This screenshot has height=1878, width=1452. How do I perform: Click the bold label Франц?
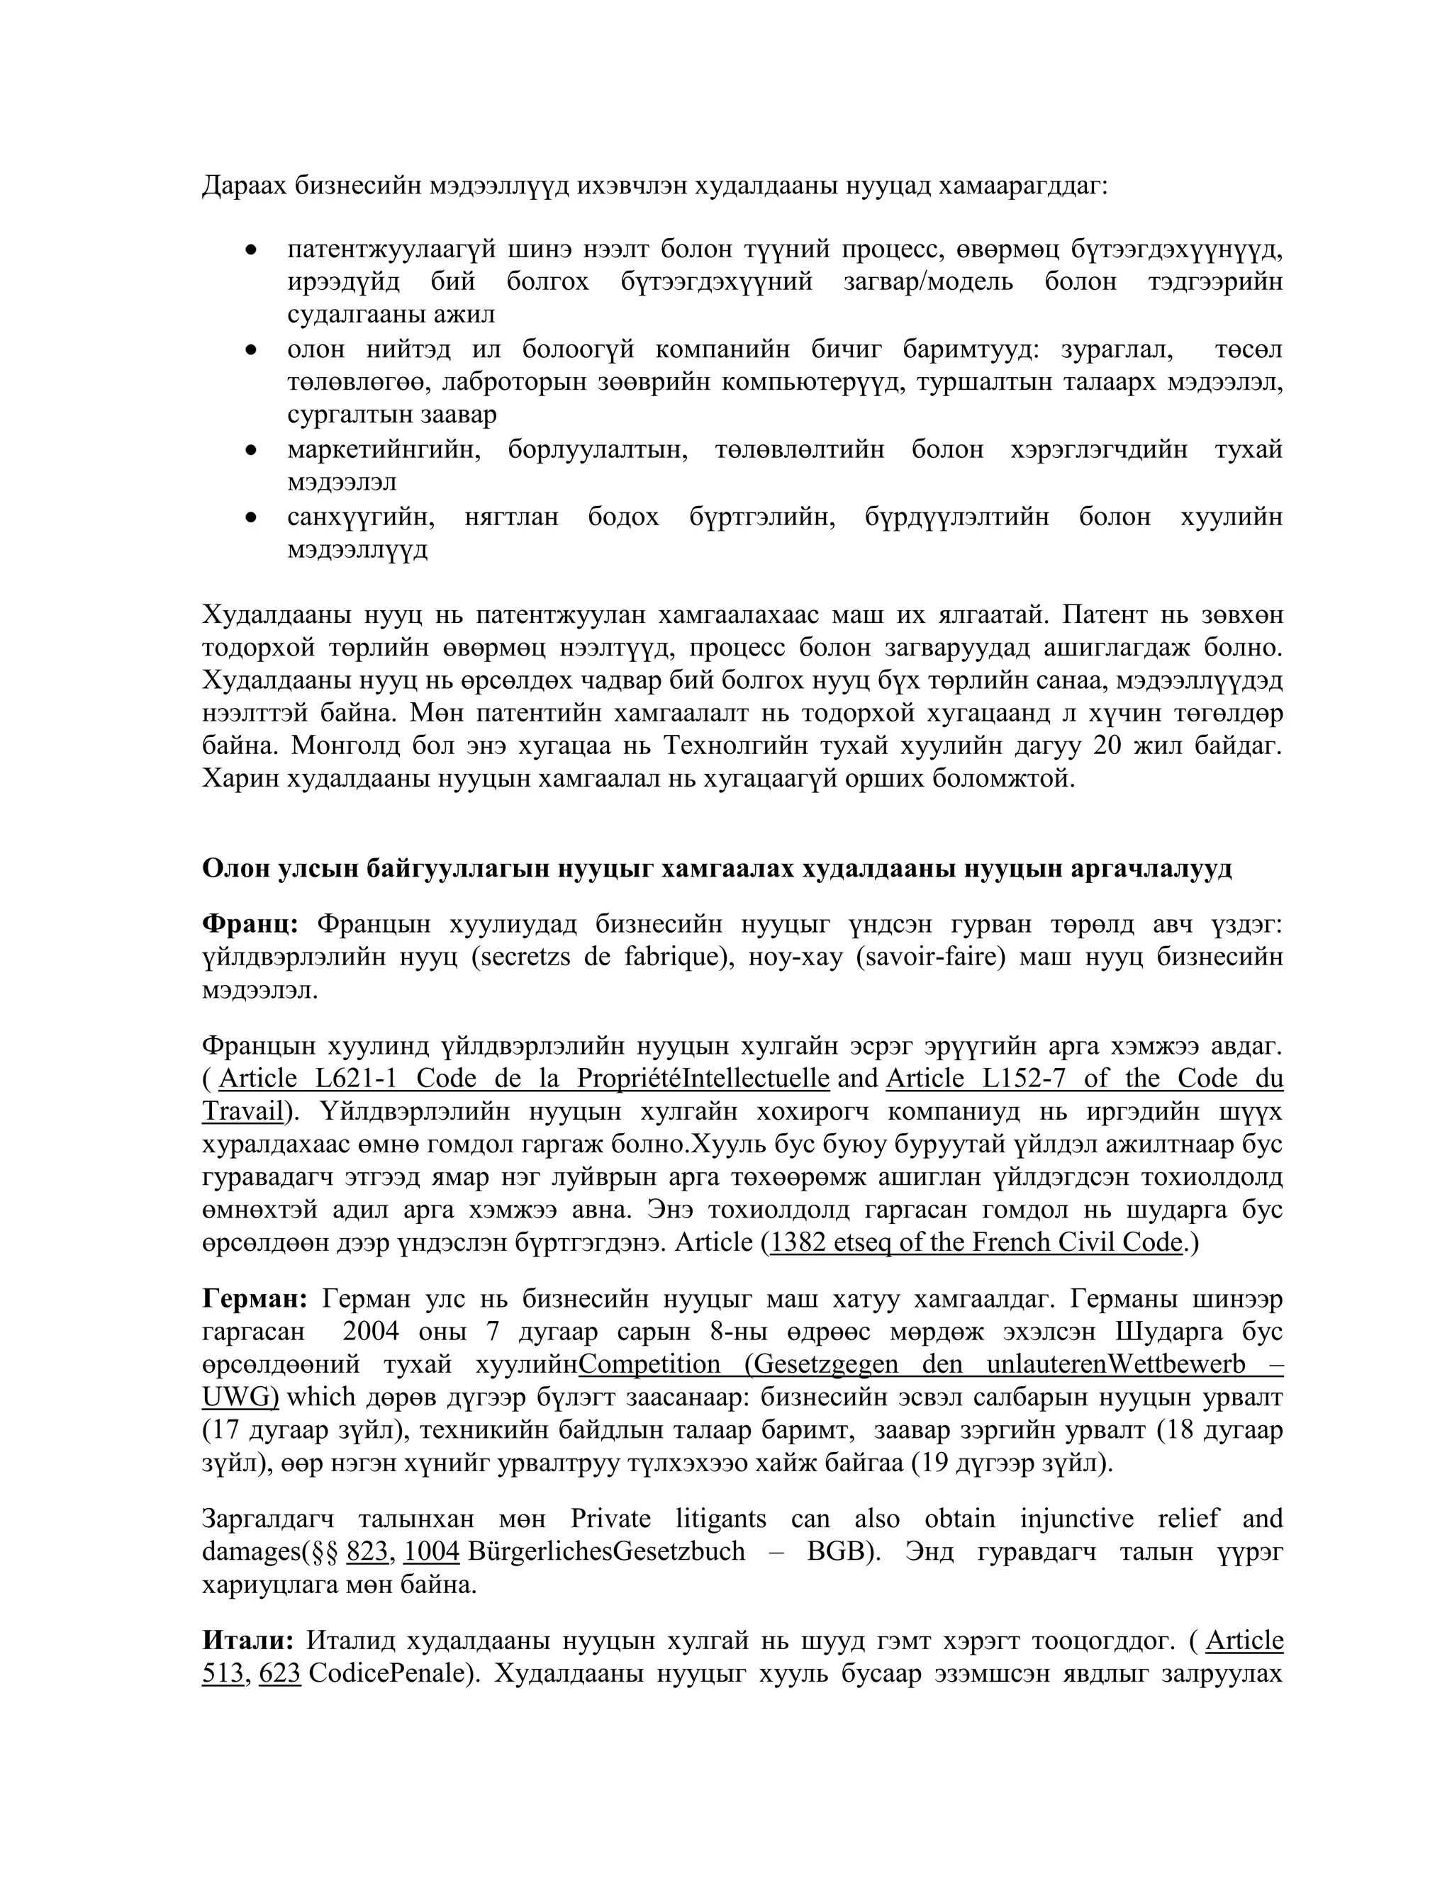[250, 923]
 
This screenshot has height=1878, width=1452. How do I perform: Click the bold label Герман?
[255, 1298]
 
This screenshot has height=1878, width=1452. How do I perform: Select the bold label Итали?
[247, 1641]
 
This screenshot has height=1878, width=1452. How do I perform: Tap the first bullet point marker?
[251, 250]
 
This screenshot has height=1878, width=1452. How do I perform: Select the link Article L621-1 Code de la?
[524, 1079]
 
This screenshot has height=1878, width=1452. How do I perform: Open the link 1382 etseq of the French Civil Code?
[976, 1242]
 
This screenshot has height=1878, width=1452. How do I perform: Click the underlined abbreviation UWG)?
[240, 1398]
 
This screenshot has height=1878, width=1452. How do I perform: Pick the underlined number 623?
[279, 1673]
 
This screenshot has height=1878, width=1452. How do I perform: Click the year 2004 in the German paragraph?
[371, 1331]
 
